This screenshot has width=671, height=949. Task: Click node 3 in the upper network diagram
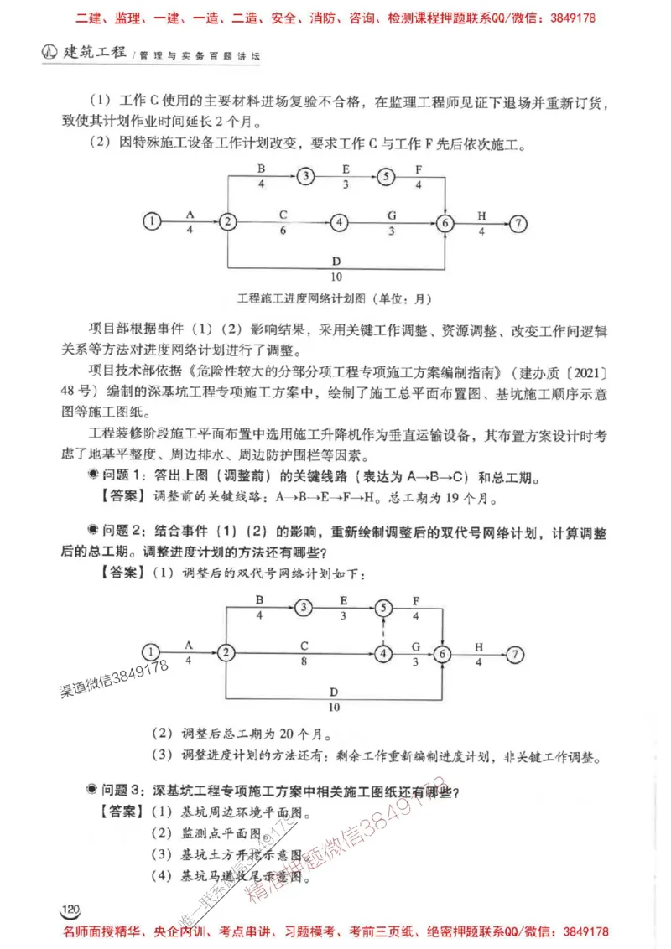pos(307,176)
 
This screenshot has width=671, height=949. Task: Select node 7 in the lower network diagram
pos(517,654)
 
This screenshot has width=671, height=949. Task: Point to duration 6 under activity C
pos(283,230)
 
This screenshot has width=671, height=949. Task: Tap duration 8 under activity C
pos(305,661)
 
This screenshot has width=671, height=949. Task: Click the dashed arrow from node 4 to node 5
pos(384,630)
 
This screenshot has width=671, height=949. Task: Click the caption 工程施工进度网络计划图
pos(303,298)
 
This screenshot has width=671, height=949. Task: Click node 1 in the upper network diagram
pos(151,222)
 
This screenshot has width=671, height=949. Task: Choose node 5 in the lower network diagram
pos(384,607)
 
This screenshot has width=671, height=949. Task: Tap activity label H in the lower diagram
pos(480,646)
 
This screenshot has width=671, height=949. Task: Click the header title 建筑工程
pos(92,53)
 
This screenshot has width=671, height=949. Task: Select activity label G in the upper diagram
pos(391,215)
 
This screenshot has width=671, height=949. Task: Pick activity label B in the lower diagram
pos(260,599)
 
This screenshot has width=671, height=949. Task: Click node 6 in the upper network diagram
pos(445,222)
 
